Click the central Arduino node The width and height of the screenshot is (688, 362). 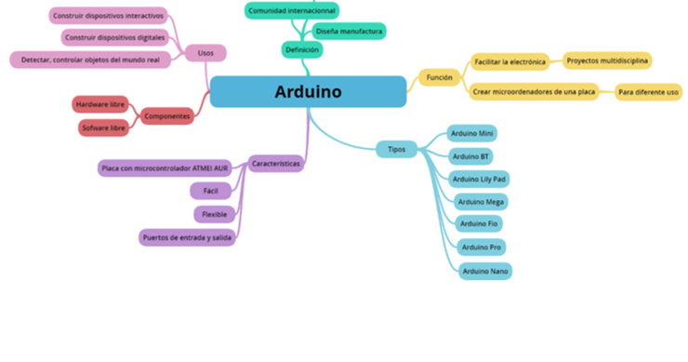308,91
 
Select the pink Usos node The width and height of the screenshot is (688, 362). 205,53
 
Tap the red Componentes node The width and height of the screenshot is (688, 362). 167,116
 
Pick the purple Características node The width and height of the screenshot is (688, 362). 276,164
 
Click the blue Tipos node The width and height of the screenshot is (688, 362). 396,149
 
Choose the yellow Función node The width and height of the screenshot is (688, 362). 439,77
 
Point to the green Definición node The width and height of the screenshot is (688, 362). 302,48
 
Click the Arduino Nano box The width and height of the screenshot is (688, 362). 484,271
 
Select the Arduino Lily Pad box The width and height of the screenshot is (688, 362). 479,179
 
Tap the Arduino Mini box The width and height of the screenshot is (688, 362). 473,133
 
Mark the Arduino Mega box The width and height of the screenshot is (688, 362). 482,201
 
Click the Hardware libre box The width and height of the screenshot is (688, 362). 100,104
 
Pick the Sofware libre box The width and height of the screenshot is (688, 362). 103,127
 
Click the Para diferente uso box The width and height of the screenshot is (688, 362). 648,92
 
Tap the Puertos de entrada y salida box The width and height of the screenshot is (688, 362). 188,237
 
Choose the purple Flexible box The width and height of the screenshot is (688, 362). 215,214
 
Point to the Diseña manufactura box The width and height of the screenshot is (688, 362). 349,31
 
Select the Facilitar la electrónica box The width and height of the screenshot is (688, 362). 509,62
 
